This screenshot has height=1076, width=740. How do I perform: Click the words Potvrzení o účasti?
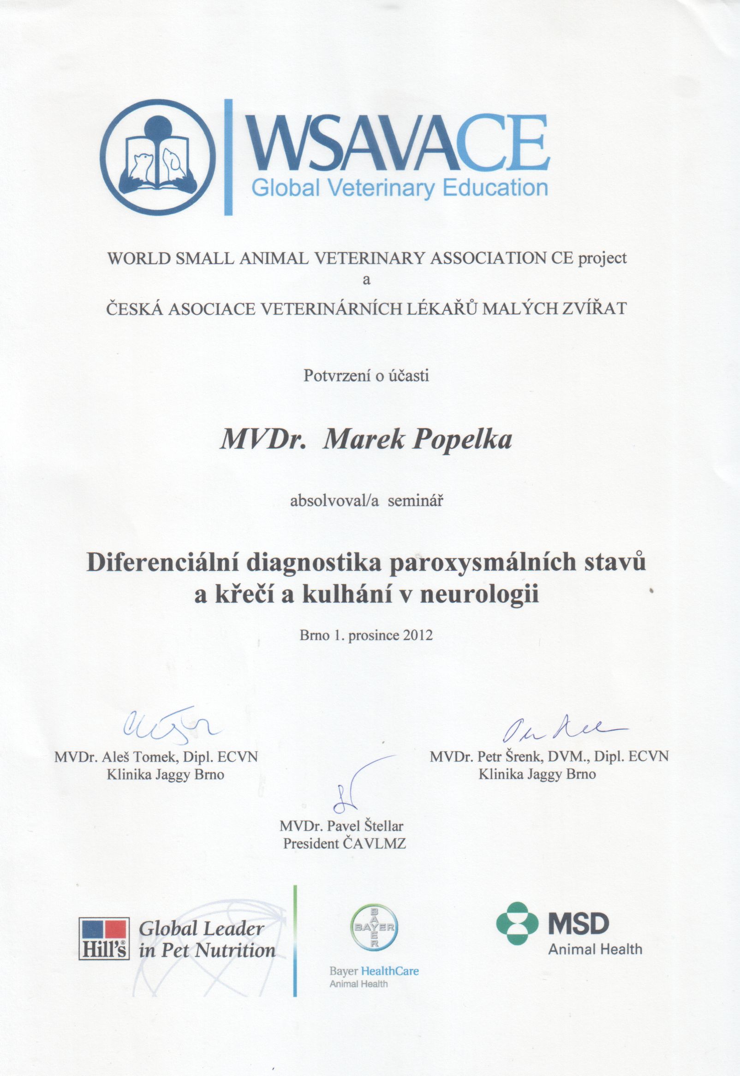(x=366, y=375)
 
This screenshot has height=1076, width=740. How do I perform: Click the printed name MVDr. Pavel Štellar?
(x=342, y=826)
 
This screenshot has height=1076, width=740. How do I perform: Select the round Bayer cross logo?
(x=374, y=928)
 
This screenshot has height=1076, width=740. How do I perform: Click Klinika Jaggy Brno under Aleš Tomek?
(x=166, y=774)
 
